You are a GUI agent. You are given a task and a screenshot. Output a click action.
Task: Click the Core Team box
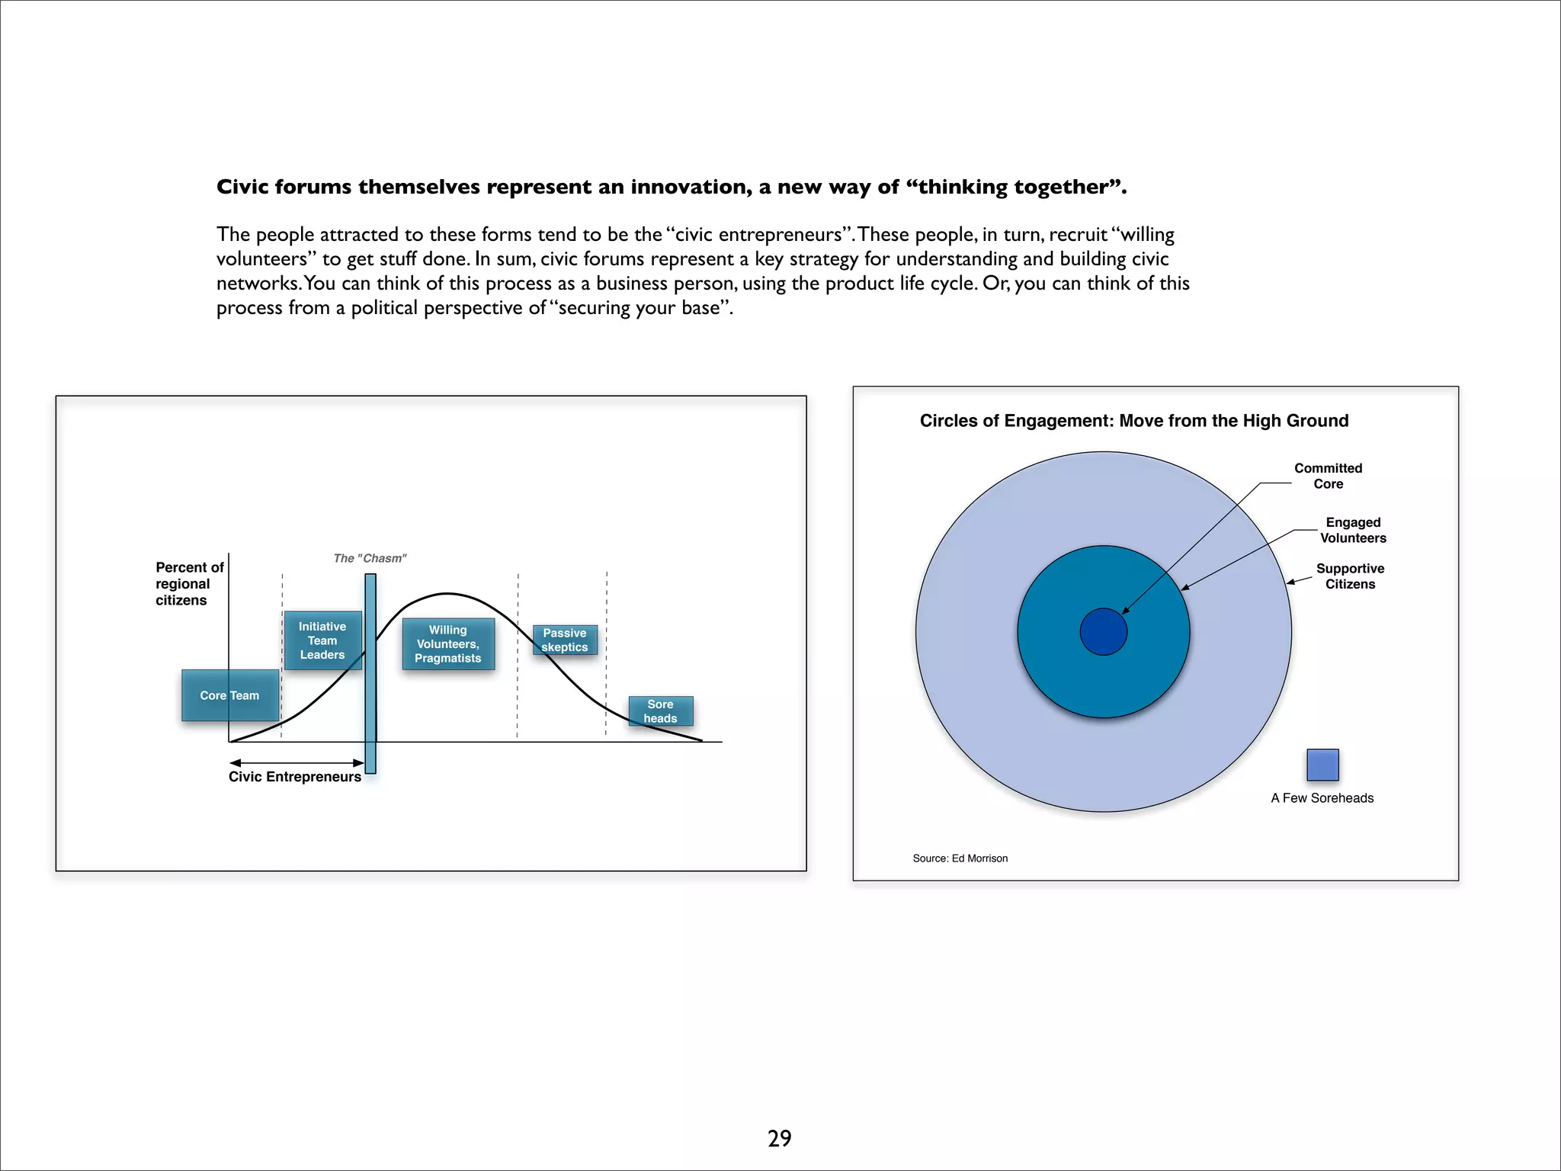coord(229,695)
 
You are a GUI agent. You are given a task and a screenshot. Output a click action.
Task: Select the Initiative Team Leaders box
coord(322,640)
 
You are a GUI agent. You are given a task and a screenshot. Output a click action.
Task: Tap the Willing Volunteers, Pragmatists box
coord(448,644)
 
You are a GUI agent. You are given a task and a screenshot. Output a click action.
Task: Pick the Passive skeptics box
coord(565,640)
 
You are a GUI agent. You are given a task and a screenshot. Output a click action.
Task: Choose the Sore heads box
coord(660,711)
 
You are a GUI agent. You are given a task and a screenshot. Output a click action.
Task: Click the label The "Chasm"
coord(370,558)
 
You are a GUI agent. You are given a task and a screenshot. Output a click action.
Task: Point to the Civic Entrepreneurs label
coord(295,777)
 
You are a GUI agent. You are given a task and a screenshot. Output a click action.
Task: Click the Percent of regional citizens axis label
coord(189,584)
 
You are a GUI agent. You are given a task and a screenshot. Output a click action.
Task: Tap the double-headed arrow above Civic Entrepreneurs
coord(296,762)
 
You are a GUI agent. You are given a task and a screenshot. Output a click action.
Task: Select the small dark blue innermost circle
coord(1104,632)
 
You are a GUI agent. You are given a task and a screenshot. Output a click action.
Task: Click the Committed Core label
coord(1328,476)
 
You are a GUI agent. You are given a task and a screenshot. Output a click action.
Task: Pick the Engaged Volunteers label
coord(1353,530)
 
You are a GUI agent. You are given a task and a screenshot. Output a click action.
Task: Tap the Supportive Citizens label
coord(1350,576)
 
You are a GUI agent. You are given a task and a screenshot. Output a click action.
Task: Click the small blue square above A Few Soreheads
coord(1322,765)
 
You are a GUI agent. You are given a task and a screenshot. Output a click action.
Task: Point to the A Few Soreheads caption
coord(1322,798)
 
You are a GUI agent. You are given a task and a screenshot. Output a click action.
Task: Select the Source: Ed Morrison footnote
coord(960,858)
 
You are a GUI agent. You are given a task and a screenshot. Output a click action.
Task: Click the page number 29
coord(779,1138)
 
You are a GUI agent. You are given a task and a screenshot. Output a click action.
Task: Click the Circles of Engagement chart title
coord(1133,421)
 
